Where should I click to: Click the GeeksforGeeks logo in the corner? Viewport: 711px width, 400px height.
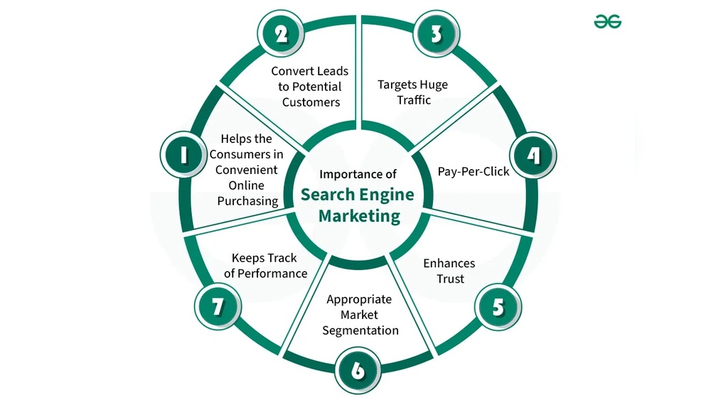[x=608, y=22]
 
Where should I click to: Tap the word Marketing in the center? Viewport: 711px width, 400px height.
[x=359, y=215]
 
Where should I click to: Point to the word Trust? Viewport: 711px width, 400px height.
[x=449, y=279]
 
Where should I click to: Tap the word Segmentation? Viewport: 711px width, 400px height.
[x=360, y=330]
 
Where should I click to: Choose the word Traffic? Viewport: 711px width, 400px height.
[x=414, y=100]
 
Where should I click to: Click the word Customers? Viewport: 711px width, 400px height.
[x=311, y=102]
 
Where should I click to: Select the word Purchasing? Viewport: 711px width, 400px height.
[x=247, y=201]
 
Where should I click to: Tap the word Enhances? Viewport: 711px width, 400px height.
[x=449, y=264]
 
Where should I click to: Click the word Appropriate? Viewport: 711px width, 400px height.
[x=360, y=299]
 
